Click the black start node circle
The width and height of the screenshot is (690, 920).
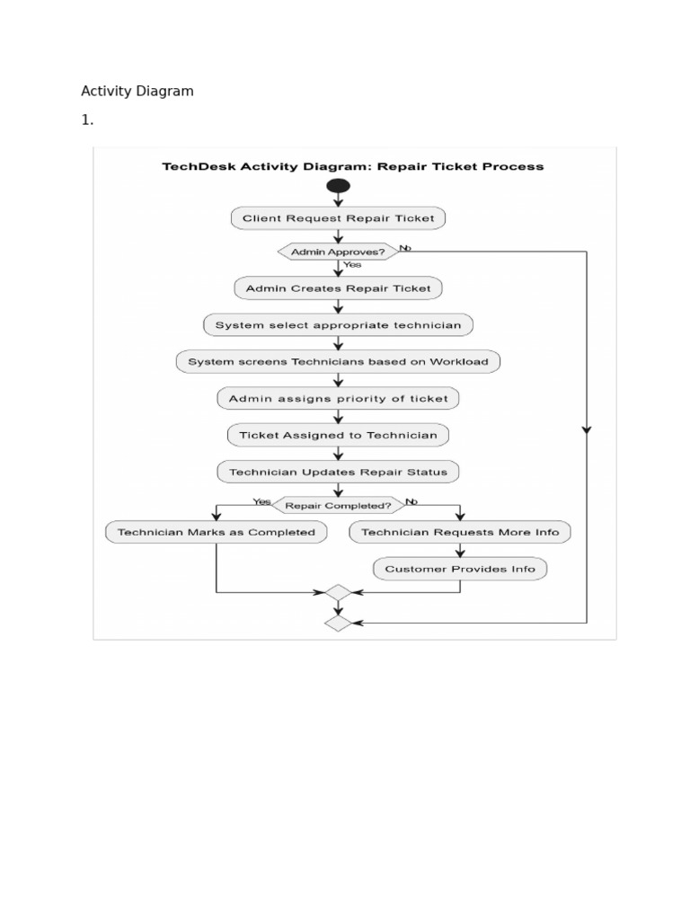pos(339,186)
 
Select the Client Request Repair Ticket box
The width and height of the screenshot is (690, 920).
pos(338,218)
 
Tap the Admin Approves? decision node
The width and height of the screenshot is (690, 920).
pos(338,252)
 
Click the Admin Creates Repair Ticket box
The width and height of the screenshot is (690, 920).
pos(338,288)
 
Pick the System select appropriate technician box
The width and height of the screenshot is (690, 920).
pos(338,325)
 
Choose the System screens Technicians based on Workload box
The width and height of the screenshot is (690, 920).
pos(338,362)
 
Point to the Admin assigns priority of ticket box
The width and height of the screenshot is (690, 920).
pos(338,398)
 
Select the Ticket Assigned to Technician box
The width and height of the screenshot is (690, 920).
pos(338,435)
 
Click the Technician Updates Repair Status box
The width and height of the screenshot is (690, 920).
pos(338,472)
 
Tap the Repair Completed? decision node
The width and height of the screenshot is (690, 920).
pos(338,506)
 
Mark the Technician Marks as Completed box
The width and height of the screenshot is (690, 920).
pos(217,532)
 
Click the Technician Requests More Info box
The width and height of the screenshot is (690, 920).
pos(460,532)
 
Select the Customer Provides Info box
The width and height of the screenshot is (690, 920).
pos(460,569)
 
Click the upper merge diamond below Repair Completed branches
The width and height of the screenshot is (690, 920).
pos(338,593)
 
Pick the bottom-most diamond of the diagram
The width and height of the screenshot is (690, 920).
pos(338,623)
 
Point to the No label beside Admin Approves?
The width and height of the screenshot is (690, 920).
pos(405,247)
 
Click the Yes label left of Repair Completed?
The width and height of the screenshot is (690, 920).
pos(261,501)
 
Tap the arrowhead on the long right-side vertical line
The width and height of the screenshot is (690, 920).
pos(587,430)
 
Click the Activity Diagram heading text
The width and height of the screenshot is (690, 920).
pos(137,91)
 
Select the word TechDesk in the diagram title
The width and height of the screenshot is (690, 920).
pos(194,166)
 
